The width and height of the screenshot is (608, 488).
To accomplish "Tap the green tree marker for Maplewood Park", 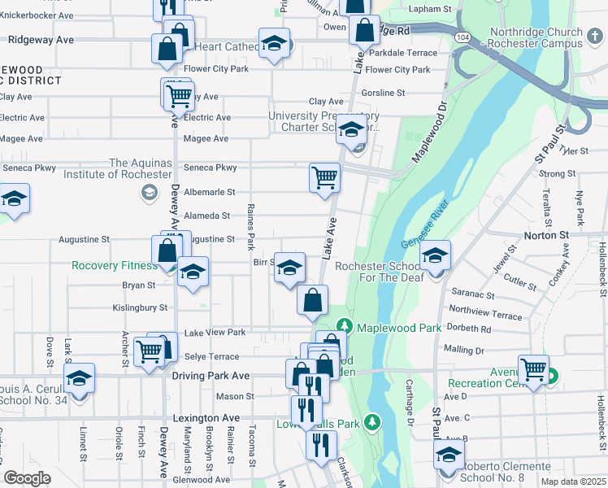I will click(x=345, y=327).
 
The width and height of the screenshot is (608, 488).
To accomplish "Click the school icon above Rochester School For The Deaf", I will click(x=435, y=259).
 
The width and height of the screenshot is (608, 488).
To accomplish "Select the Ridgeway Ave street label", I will click(x=41, y=39).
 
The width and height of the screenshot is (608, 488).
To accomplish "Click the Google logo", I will click(x=27, y=479).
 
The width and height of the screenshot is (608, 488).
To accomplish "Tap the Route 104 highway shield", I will click(x=462, y=37).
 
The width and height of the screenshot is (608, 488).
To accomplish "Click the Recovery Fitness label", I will click(x=114, y=266).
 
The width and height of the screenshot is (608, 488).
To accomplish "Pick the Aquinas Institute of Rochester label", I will click(x=141, y=168).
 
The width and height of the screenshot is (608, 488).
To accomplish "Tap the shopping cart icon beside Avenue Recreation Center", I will click(x=533, y=370).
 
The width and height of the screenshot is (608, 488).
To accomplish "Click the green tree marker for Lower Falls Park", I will click(x=372, y=422).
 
